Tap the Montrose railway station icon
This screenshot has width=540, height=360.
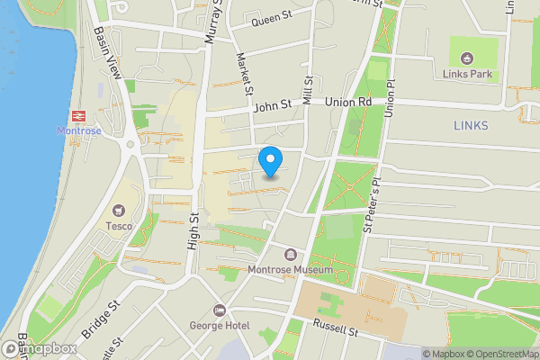click(80, 115)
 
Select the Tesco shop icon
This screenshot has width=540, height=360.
click(120, 209)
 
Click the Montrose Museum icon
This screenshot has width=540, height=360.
click(290, 254)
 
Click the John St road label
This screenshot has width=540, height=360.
click(274, 105)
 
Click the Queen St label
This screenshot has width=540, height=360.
click(274, 20)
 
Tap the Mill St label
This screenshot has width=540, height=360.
click(308, 94)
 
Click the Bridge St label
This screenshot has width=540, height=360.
click(102, 317)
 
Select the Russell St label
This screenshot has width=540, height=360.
click(337, 331)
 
